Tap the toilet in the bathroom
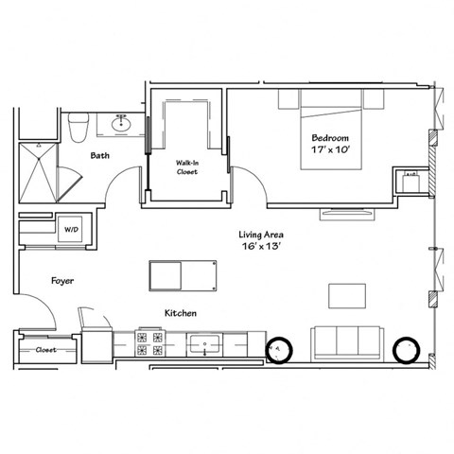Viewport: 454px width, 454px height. tap(80, 125)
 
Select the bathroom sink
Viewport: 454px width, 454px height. tap(122, 123)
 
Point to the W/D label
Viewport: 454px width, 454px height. tap(72, 229)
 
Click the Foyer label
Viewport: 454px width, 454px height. tap(62, 281)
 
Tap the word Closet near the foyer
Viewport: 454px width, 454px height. tap(44, 349)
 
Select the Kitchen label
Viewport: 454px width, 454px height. tap(180, 312)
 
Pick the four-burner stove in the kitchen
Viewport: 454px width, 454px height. tap(148, 343)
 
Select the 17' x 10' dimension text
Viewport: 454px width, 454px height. tap(331, 149)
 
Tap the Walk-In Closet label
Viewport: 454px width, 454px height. tap(187, 167)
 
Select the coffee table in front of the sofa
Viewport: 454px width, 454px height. tap(347, 295)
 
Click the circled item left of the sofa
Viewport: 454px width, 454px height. tap(280, 348)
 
